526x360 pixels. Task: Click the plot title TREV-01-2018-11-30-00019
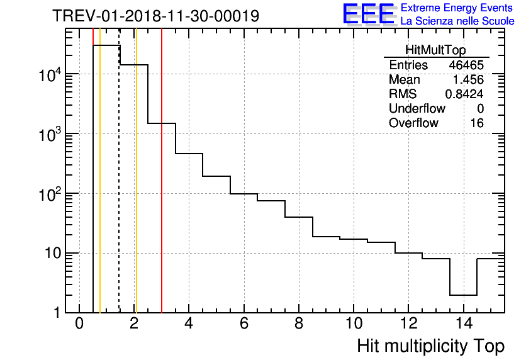point(155,16)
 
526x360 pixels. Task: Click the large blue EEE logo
point(368,14)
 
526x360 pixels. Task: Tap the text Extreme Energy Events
point(457,8)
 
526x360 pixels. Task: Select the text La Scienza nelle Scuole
point(457,21)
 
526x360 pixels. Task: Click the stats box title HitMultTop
point(437,51)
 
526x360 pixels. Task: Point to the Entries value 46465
point(466,65)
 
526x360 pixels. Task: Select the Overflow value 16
point(477,123)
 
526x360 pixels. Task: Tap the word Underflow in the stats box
point(417,109)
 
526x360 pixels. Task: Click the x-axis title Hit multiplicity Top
point(430,346)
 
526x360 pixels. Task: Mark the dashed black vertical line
point(119,189)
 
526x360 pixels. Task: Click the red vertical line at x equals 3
point(162,189)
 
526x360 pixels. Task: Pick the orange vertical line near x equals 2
point(136,189)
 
